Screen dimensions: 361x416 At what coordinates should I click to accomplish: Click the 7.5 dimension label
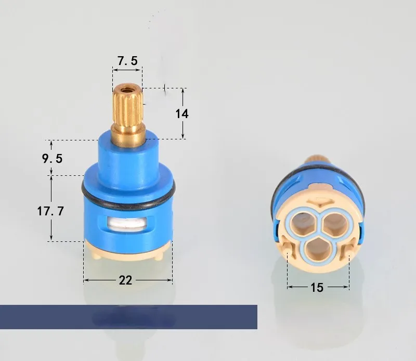tap(127, 61)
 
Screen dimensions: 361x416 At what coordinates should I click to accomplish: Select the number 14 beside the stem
tap(182, 113)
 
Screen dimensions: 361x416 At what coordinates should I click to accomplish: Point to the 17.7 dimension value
tap(50, 212)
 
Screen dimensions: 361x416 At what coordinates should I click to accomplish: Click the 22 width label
tap(125, 280)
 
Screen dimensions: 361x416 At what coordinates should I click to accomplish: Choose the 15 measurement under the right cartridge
tap(317, 287)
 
